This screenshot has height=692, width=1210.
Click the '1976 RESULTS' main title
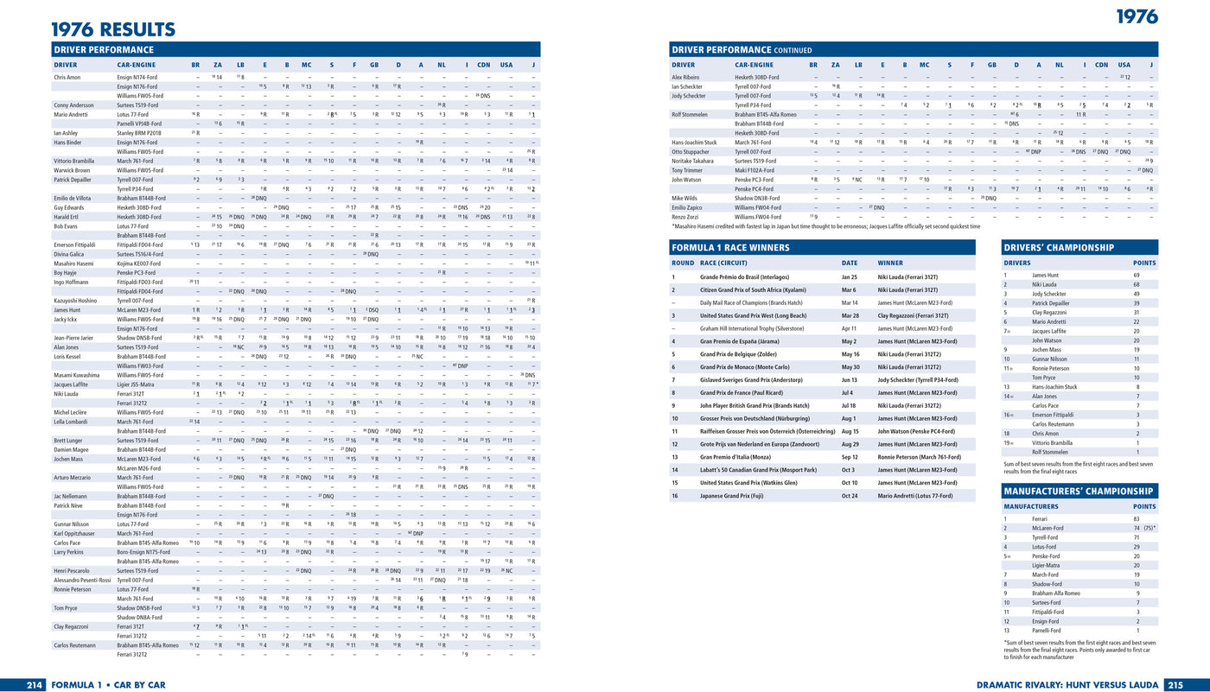coord(113,29)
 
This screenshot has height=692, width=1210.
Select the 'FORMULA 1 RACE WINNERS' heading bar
coord(822,247)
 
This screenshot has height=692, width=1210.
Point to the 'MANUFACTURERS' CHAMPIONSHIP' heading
coord(1079,491)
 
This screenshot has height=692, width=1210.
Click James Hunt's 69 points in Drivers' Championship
coord(1137,275)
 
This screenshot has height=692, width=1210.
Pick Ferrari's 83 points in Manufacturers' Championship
coord(1137,518)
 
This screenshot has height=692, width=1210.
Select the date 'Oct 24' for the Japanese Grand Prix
coord(849,496)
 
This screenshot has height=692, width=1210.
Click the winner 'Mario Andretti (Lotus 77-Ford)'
coord(914,496)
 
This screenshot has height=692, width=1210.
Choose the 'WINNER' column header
coord(890,263)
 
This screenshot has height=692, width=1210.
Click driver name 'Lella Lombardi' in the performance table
coord(72,422)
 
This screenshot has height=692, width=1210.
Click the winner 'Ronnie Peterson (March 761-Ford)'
coord(919,457)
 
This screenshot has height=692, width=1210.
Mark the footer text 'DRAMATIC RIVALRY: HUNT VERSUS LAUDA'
coord(1068,684)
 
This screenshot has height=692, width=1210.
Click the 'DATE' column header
coord(850,263)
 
